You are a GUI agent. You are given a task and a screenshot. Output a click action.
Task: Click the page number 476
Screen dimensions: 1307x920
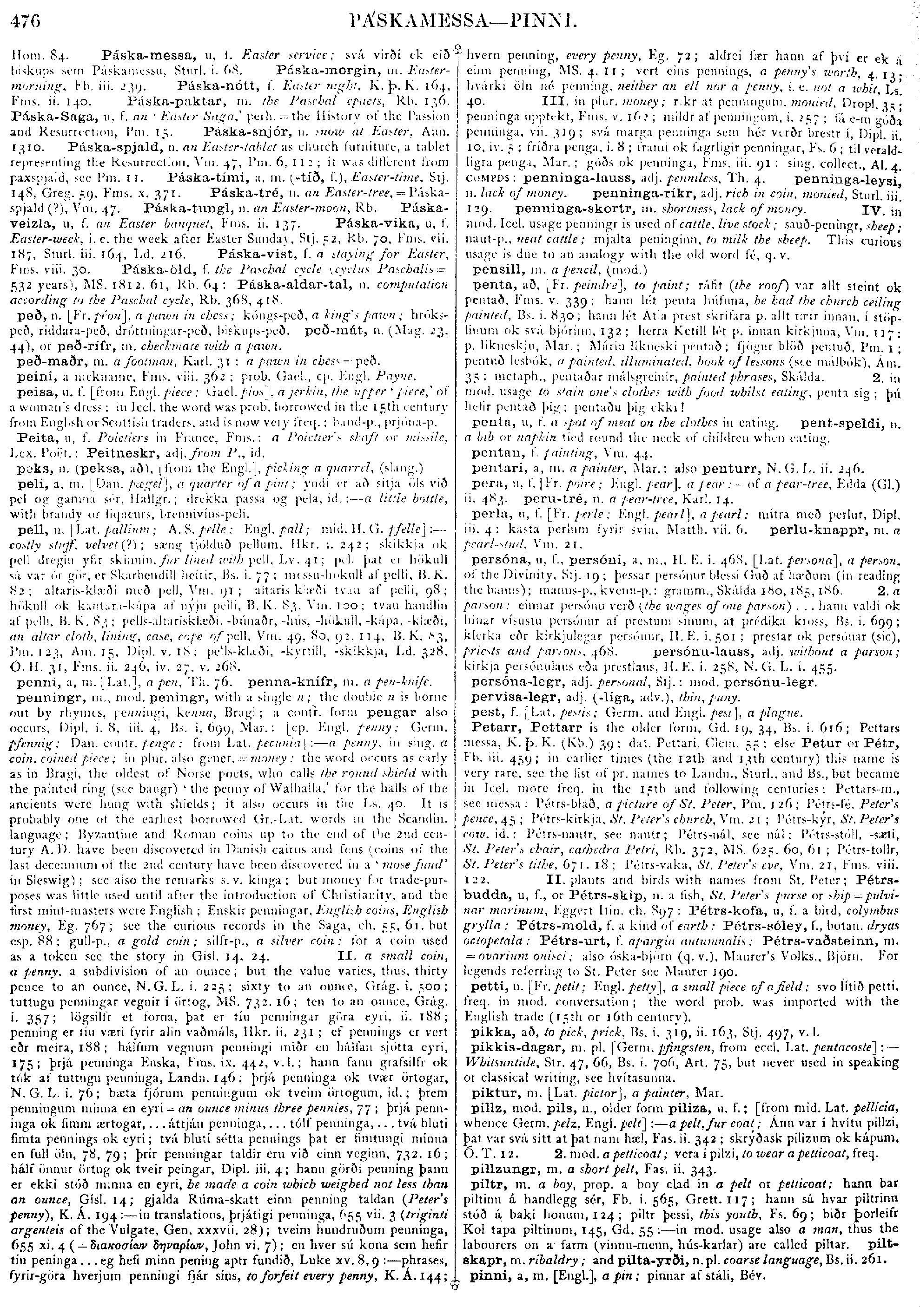pyautogui.click(x=26, y=22)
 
